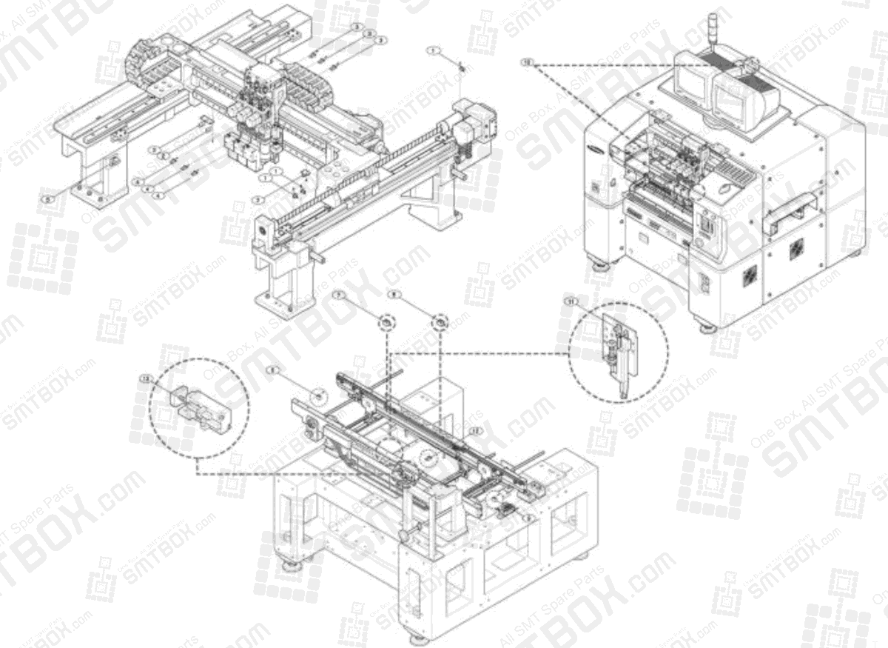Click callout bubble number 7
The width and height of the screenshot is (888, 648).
(339, 295)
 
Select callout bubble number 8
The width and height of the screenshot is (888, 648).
(394, 294)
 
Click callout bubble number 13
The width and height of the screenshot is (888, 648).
(144, 378)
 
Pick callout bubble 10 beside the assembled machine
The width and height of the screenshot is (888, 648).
(527, 62)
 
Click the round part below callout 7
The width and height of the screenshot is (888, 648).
(386, 322)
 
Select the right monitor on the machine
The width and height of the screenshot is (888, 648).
(733, 102)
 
